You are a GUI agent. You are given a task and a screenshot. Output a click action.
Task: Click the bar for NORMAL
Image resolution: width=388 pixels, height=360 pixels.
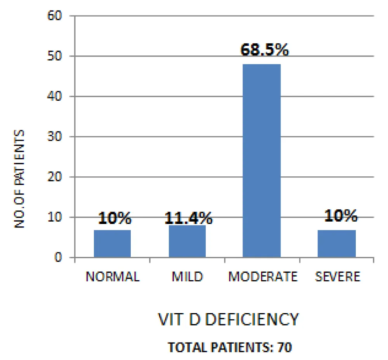pos(113,243)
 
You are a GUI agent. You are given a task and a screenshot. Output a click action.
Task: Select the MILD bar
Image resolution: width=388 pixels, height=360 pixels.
pos(187,241)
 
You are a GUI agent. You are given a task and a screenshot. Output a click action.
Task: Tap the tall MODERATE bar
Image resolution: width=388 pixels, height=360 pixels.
pos(262,160)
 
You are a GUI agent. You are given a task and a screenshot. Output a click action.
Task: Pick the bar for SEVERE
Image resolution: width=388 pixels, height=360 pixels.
pos(336,243)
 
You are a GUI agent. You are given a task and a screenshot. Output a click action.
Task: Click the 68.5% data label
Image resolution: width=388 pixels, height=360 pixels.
pos(265,50)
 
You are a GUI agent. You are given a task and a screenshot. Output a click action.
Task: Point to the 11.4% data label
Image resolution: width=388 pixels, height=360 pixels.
pos(189,219)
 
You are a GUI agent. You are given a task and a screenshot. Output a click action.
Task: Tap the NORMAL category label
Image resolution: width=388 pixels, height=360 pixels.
pos(113,277)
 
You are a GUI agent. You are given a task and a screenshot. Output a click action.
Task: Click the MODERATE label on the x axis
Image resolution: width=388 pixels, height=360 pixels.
pos(263,277)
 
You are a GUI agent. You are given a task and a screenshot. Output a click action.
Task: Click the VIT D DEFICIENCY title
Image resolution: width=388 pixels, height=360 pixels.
pos(229,320)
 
